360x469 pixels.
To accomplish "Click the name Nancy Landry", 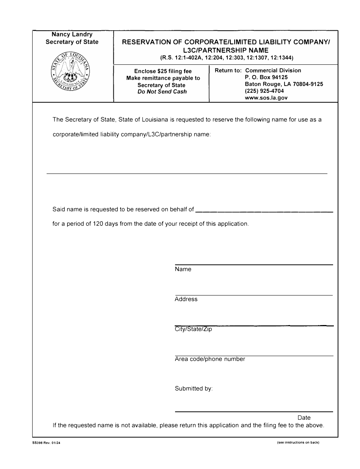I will tap(72, 34).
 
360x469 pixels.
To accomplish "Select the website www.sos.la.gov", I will tap(266, 97).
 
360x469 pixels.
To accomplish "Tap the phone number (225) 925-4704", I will tap(264, 91).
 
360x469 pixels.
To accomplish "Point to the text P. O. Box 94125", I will tap(266, 77).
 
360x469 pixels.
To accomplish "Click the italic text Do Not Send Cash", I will tap(162, 92).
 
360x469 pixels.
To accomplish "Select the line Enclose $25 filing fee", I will tap(163, 71).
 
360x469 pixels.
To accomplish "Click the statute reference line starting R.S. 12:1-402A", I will tap(227, 58).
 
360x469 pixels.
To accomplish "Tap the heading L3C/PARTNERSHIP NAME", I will tap(226, 50).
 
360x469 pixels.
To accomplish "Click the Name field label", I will tap(183, 269).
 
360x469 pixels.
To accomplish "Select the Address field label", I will tap(186, 299).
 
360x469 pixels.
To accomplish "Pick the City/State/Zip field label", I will tap(193, 329).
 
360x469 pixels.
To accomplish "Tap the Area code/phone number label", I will tap(210, 359).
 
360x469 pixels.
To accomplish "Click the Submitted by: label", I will tap(194, 389).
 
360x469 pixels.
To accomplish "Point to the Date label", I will tap(304, 417).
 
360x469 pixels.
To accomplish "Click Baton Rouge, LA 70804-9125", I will tap(284, 84).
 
